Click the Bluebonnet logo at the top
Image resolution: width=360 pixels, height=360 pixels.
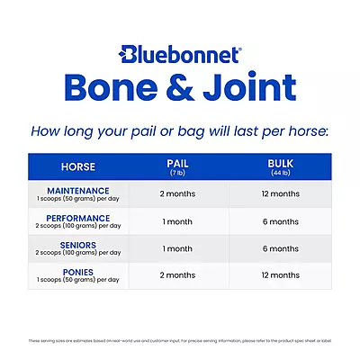pyautogui.click(x=180, y=54)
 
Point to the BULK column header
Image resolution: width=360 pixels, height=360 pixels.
pyautogui.click(x=280, y=166)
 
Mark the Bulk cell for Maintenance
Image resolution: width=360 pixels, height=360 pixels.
pyautogui.click(x=280, y=194)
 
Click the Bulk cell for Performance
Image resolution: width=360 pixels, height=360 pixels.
pyautogui.click(x=280, y=220)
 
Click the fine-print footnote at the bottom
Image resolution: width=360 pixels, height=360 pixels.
pyautogui.click(x=180, y=340)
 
